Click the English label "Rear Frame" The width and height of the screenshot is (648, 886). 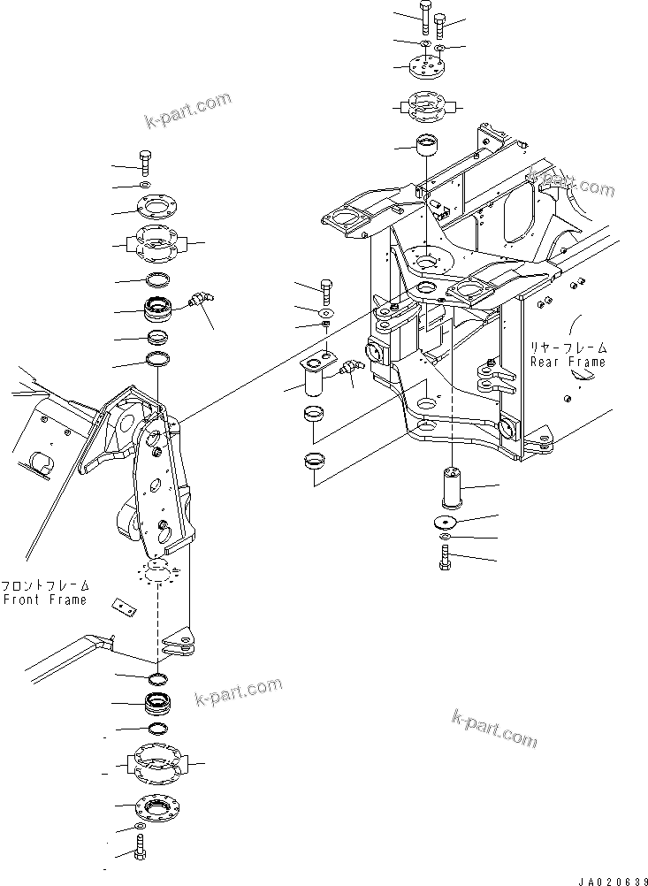click(568, 362)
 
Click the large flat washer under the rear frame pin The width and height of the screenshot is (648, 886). click(452, 522)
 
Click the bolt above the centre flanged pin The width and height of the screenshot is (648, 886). click(325, 288)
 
